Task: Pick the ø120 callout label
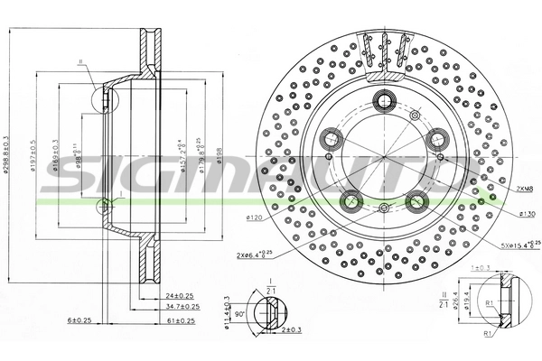click(x=254, y=218)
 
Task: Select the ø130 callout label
click(x=528, y=213)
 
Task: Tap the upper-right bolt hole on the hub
click(x=439, y=137)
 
